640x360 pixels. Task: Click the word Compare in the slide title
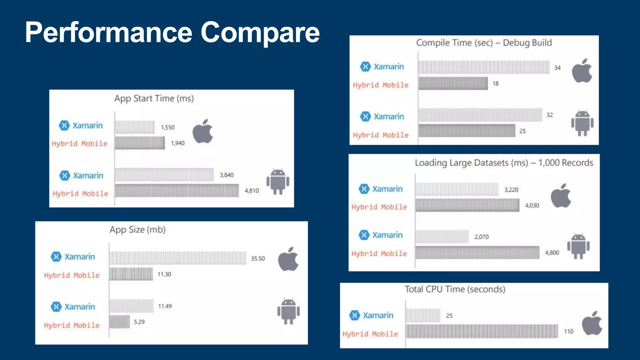[x=260, y=32]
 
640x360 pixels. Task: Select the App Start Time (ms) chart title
[x=154, y=98]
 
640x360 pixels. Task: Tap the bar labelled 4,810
[x=177, y=191]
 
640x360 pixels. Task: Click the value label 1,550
[x=168, y=127]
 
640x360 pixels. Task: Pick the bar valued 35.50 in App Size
[x=178, y=258]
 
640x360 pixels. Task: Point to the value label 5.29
[x=139, y=322]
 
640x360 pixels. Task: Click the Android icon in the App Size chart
[x=288, y=311]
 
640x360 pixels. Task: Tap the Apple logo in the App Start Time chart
[x=203, y=131]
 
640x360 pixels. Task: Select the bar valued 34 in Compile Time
[x=484, y=67]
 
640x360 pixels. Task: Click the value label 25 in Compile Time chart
[x=522, y=131]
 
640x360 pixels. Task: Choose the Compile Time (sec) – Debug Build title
[x=484, y=42]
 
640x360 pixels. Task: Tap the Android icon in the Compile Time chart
[x=582, y=123]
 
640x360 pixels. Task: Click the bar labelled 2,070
[x=442, y=237]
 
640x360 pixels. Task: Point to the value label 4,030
[x=532, y=206]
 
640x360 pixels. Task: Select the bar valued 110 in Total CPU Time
[x=482, y=331]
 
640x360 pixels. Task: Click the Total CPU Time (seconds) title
[x=455, y=289]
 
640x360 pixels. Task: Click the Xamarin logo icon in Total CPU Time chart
[x=355, y=315]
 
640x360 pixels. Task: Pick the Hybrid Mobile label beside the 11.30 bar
[x=72, y=275]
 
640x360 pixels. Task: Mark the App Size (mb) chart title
[x=137, y=230]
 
